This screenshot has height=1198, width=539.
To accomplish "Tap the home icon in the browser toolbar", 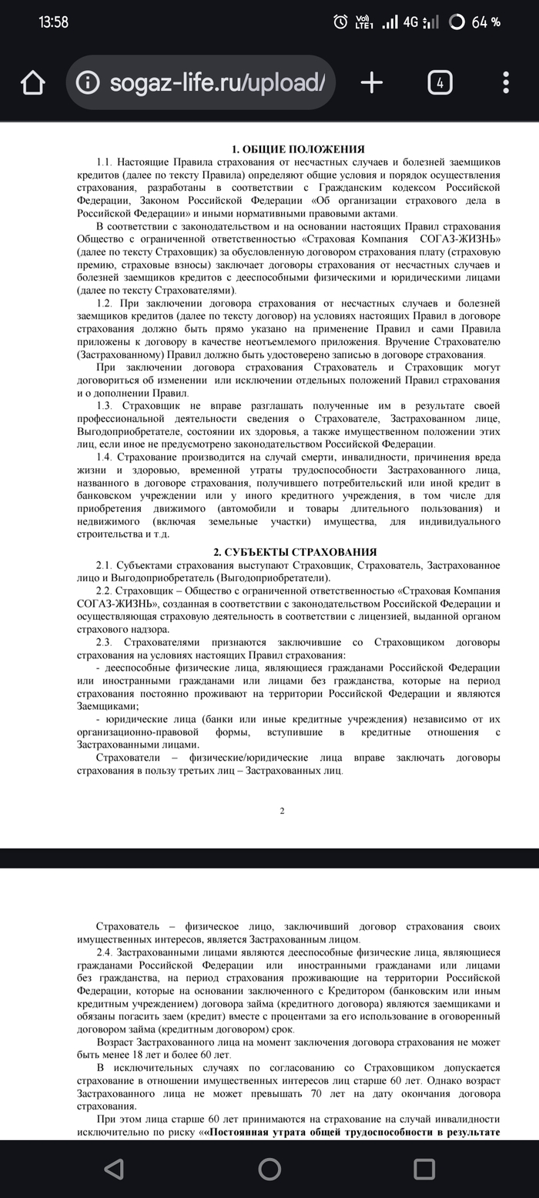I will pos(33,83).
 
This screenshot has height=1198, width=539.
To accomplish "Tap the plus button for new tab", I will pos(371,83).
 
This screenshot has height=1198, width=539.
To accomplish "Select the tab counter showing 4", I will pos(440,83).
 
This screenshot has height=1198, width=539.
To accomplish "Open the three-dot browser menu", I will pos(506,83).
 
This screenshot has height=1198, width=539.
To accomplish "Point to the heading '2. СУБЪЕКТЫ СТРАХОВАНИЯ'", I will pos(295,552).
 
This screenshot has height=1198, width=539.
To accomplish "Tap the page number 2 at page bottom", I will pos(282,810).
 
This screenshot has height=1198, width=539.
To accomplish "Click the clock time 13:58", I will pos(53,22).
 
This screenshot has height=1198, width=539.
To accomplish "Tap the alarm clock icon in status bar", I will pos(340,22).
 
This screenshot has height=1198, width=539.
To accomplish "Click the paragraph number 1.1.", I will pos(105,162).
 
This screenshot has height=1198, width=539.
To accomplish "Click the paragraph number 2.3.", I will pos(105,642).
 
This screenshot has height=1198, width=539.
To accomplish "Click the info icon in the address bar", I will pos(89,83).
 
